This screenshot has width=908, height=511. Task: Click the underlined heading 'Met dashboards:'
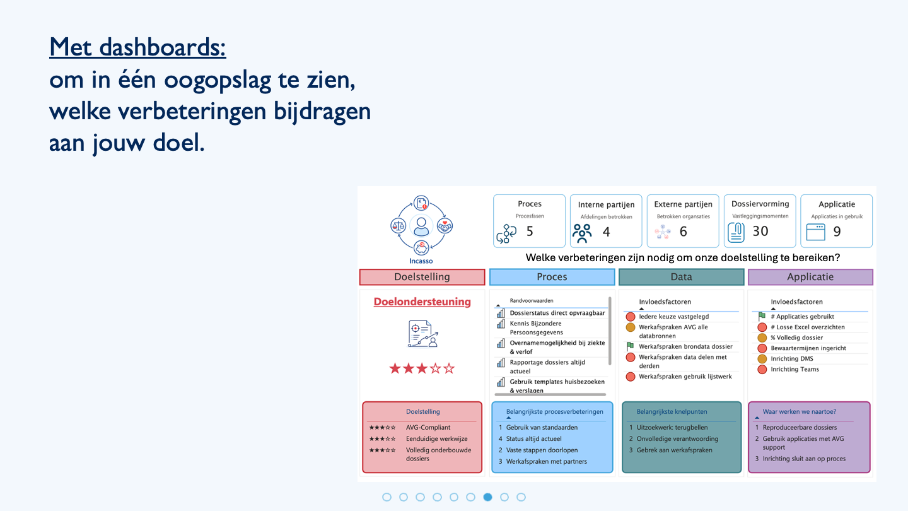(137, 47)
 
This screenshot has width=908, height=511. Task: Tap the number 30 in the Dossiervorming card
(760, 231)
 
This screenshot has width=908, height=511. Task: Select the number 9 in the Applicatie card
(837, 232)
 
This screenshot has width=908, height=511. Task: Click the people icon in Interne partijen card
(582, 233)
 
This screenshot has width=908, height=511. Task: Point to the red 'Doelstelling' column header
(422, 277)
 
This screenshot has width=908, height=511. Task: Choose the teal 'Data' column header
(681, 277)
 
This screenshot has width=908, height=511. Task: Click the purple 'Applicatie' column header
(810, 277)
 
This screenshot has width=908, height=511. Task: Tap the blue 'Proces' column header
(552, 277)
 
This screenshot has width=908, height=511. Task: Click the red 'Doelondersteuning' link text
(422, 302)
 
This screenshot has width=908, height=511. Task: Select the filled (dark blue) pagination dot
(487, 497)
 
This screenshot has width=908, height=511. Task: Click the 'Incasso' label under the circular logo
(421, 261)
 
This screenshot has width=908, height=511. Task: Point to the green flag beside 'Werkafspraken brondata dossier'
(631, 346)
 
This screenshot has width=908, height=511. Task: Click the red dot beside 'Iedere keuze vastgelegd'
(631, 317)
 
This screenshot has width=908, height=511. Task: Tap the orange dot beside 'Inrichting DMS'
(762, 359)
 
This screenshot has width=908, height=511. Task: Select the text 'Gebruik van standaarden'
(542, 428)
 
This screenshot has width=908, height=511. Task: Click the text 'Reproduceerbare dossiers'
(800, 428)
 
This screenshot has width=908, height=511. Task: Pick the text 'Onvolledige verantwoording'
(677, 439)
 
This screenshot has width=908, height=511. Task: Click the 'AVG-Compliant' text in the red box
(428, 428)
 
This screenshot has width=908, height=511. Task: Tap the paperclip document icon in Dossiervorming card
(736, 233)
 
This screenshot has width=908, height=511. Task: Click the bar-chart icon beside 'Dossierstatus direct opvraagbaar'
(501, 313)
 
